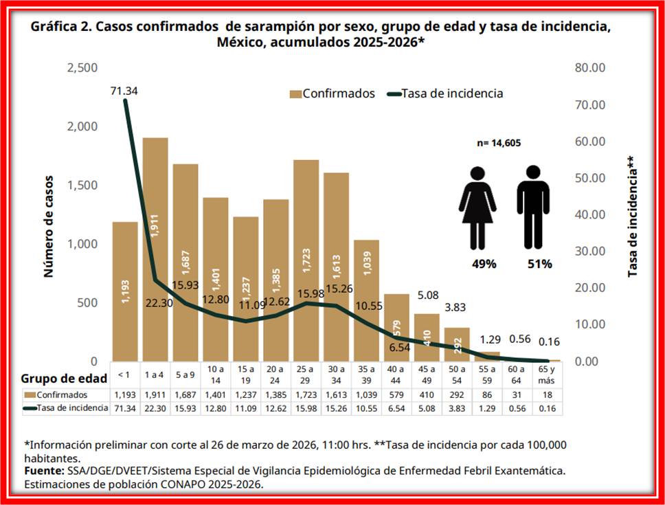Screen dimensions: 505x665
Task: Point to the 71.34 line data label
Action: click(x=124, y=90)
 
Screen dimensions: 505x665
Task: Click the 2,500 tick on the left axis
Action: click(x=82, y=68)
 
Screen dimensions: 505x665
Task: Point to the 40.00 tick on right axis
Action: click(x=589, y=214)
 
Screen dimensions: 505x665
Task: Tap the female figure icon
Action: click(x=477, y=207)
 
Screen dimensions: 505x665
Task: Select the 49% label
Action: click(x=484, y=264)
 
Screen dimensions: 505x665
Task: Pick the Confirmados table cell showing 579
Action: click(x=396, y=395)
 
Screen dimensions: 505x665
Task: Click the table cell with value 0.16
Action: click(x=547, y=408)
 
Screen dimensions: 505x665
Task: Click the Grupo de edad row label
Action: click(x=64, y=378)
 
